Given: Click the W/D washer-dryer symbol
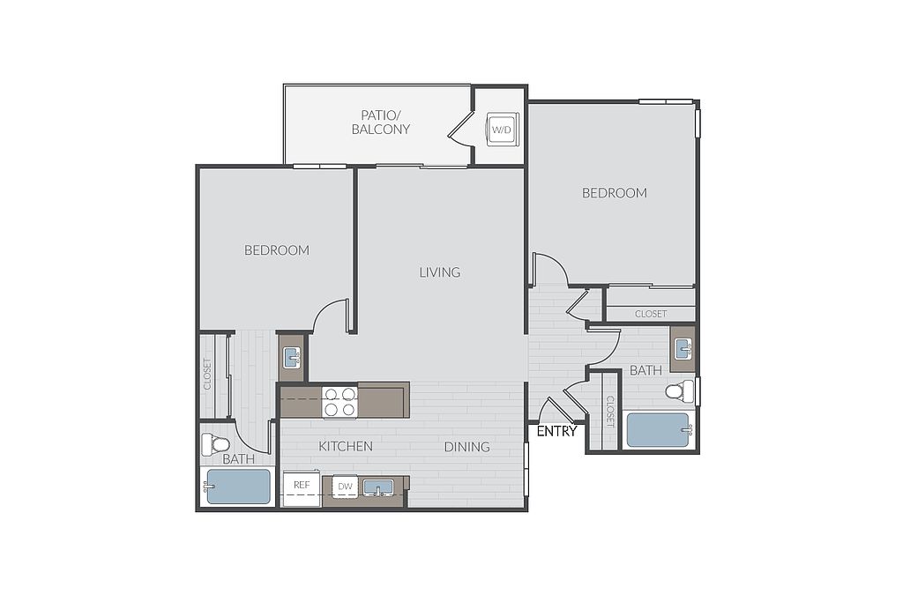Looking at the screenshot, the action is tap(501, 130).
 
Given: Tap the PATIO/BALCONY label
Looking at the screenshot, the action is tap(381, 122).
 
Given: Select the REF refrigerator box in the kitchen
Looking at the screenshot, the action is tap(302, 488).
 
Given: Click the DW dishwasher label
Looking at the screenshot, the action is tap(345, 487).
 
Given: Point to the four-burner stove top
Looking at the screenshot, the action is tap(340, 401).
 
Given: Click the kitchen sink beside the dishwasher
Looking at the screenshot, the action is tap(377, 487).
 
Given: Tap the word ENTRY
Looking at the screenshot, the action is tap(556, 431).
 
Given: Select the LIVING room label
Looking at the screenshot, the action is tap(440, 271).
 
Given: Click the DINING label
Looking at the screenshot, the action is tap(467, 447).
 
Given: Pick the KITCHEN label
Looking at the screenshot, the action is tap(346, 446).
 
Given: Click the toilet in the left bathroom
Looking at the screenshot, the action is tap(215, 443).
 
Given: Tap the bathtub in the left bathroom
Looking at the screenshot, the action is tap(238, 487).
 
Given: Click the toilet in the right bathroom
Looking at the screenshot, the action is tap(680, 391).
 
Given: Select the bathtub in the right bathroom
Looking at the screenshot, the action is tap(659, 430).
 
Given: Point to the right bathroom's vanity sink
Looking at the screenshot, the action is tap(683, 349).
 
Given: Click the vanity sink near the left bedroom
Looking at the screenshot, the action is tap(291, 357).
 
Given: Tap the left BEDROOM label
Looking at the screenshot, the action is tap(277, 250).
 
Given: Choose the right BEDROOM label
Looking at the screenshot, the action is tap(615, 193).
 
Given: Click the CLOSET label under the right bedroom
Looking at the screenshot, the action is tap(651, 314).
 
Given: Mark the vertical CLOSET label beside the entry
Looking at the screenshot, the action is tap(610, 412).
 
